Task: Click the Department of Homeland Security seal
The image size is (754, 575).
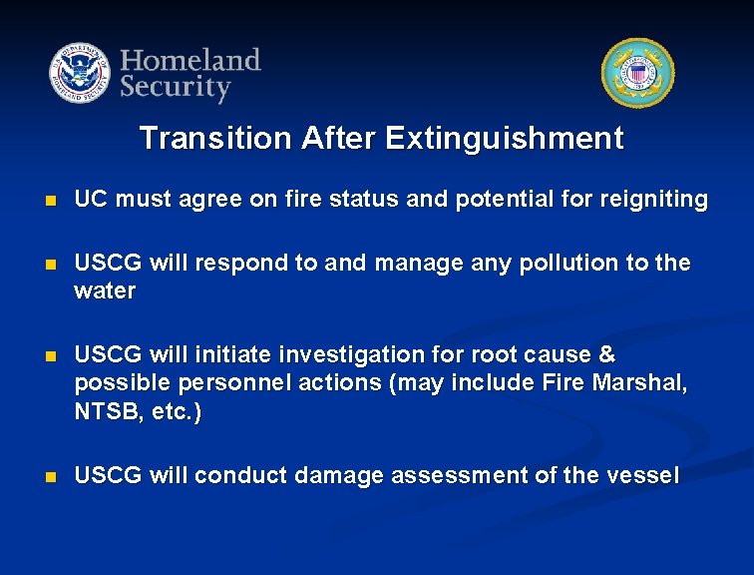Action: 80,74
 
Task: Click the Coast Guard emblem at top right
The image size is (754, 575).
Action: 637,74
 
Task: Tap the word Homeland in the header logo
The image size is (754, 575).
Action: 190,60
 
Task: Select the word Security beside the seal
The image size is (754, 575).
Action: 176,88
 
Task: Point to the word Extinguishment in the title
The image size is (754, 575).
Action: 504,138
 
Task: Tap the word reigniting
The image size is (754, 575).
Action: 653,200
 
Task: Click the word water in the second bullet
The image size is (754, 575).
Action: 105,290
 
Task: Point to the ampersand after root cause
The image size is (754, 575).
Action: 606,355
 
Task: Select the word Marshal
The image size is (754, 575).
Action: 642,384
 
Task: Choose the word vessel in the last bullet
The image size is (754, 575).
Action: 643,475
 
